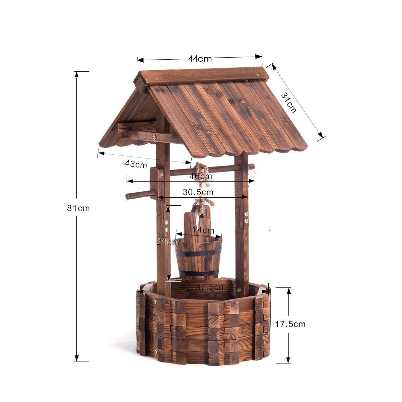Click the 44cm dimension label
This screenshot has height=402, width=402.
click(x=200, y=59)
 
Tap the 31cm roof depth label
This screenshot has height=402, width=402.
click(x=289, y=103)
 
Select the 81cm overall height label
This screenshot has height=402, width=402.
click(x=78, y=208)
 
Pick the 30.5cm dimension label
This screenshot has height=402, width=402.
click(x=198, y=192)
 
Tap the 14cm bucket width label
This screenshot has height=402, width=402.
click(x=203, y=230)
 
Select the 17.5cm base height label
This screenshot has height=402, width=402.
click(x=290, y=324)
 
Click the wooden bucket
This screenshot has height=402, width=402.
click(x=198, y=258)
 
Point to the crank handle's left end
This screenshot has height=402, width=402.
click(x=128, y=196)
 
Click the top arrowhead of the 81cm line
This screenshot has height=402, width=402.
click(x=77, y=74)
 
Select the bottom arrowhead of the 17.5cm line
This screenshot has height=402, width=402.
click(x=288, y=360)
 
